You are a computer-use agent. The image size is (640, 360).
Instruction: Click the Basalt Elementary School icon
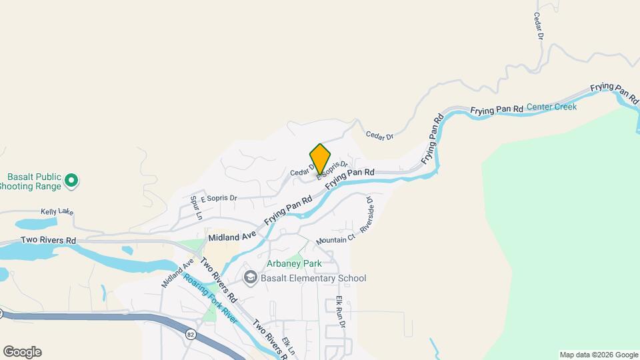251,278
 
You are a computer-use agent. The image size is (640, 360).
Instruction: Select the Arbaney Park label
294,263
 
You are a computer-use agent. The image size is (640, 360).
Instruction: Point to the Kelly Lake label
57,212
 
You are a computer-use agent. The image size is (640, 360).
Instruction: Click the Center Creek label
551,107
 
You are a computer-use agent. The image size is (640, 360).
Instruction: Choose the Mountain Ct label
336,240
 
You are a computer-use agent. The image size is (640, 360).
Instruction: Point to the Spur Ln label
195,207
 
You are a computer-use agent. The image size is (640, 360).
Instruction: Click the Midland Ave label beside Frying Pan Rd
232,237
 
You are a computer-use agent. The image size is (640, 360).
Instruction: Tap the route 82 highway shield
191,335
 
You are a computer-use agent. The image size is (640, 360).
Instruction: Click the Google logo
22,352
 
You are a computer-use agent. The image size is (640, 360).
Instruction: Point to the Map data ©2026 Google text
599,355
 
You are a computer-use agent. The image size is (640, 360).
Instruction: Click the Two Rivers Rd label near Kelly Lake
48,240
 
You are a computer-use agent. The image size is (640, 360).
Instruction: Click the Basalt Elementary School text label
313,278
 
